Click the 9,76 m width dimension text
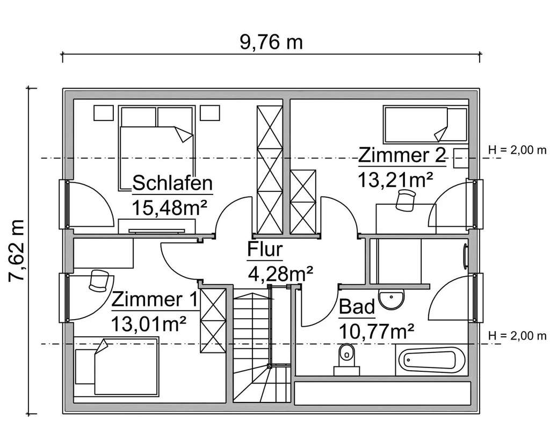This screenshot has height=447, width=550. (271, 41)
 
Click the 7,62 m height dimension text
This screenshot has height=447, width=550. (18, 250)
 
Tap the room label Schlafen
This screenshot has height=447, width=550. (172, 184)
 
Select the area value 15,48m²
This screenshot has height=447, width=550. (170, 206)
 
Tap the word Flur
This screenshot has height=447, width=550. (265, 250)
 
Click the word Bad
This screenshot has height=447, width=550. (357, 307)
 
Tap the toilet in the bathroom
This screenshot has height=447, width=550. (346, 357)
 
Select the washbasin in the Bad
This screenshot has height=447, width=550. (392, 298)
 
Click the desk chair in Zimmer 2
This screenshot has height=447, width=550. (405, 200)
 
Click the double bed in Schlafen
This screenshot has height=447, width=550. (156, 148)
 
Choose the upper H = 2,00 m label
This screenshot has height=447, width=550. (517, 150)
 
